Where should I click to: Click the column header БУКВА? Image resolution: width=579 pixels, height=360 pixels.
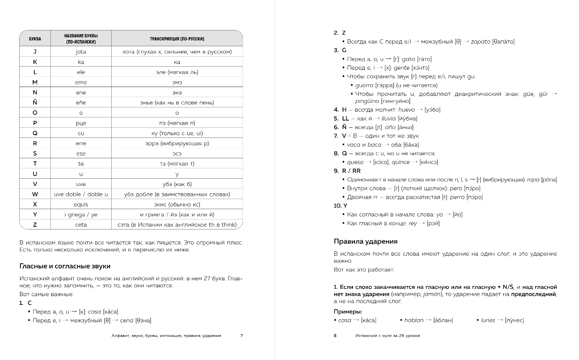click(35, 39)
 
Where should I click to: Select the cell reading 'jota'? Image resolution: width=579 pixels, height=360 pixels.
click(81, 52)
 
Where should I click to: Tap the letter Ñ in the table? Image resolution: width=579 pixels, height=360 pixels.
click(35, 102)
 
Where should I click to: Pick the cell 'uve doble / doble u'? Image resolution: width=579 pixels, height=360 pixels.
click(81, 194)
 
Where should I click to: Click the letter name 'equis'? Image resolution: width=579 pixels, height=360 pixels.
click(81, 204)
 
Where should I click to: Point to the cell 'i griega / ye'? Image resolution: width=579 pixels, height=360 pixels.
click(81, 214)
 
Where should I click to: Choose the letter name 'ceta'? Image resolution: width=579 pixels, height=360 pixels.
click(81, 225)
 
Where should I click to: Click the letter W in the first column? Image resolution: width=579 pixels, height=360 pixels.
click(35, 194)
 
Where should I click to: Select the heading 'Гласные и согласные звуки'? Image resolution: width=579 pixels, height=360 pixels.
click(65, 266)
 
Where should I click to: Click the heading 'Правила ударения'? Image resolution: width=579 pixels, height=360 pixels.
click(365, 241)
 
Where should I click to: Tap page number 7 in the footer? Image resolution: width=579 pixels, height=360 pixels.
click(241, 336)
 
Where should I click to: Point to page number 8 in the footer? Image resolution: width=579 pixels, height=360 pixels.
click(335, 336)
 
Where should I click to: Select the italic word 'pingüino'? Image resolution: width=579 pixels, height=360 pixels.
click(367, 101)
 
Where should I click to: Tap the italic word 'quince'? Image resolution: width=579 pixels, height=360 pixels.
click(400, 162)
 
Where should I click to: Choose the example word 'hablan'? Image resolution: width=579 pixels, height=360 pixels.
click(414, 320)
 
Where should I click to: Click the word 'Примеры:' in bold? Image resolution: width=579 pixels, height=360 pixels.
click(348, 311)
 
